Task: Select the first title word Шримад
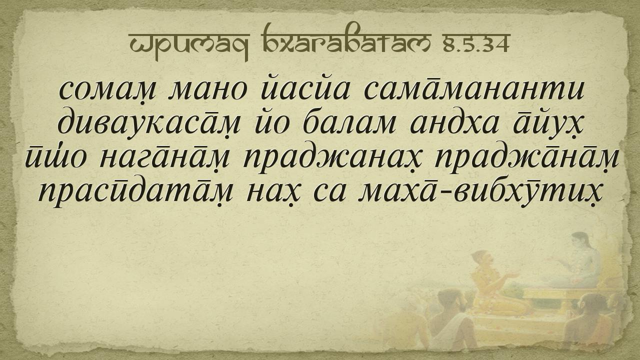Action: (x=189, y=45)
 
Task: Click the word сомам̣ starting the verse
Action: (x=107, y=92)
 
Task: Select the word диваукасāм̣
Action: (x=148, y=121)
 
